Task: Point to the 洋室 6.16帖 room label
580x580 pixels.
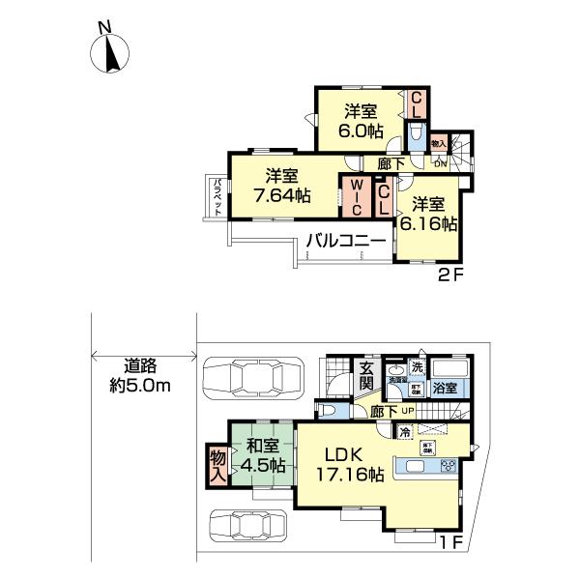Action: pos(430,213)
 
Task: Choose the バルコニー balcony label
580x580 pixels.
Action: pos(346,240)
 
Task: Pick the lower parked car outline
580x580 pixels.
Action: pos(249,529)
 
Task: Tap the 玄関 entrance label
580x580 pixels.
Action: pos(366,375)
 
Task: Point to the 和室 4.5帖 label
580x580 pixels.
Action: pos(261,454)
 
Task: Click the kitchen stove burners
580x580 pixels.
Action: pos(448,466)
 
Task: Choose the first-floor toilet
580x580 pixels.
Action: pos(330,410)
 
